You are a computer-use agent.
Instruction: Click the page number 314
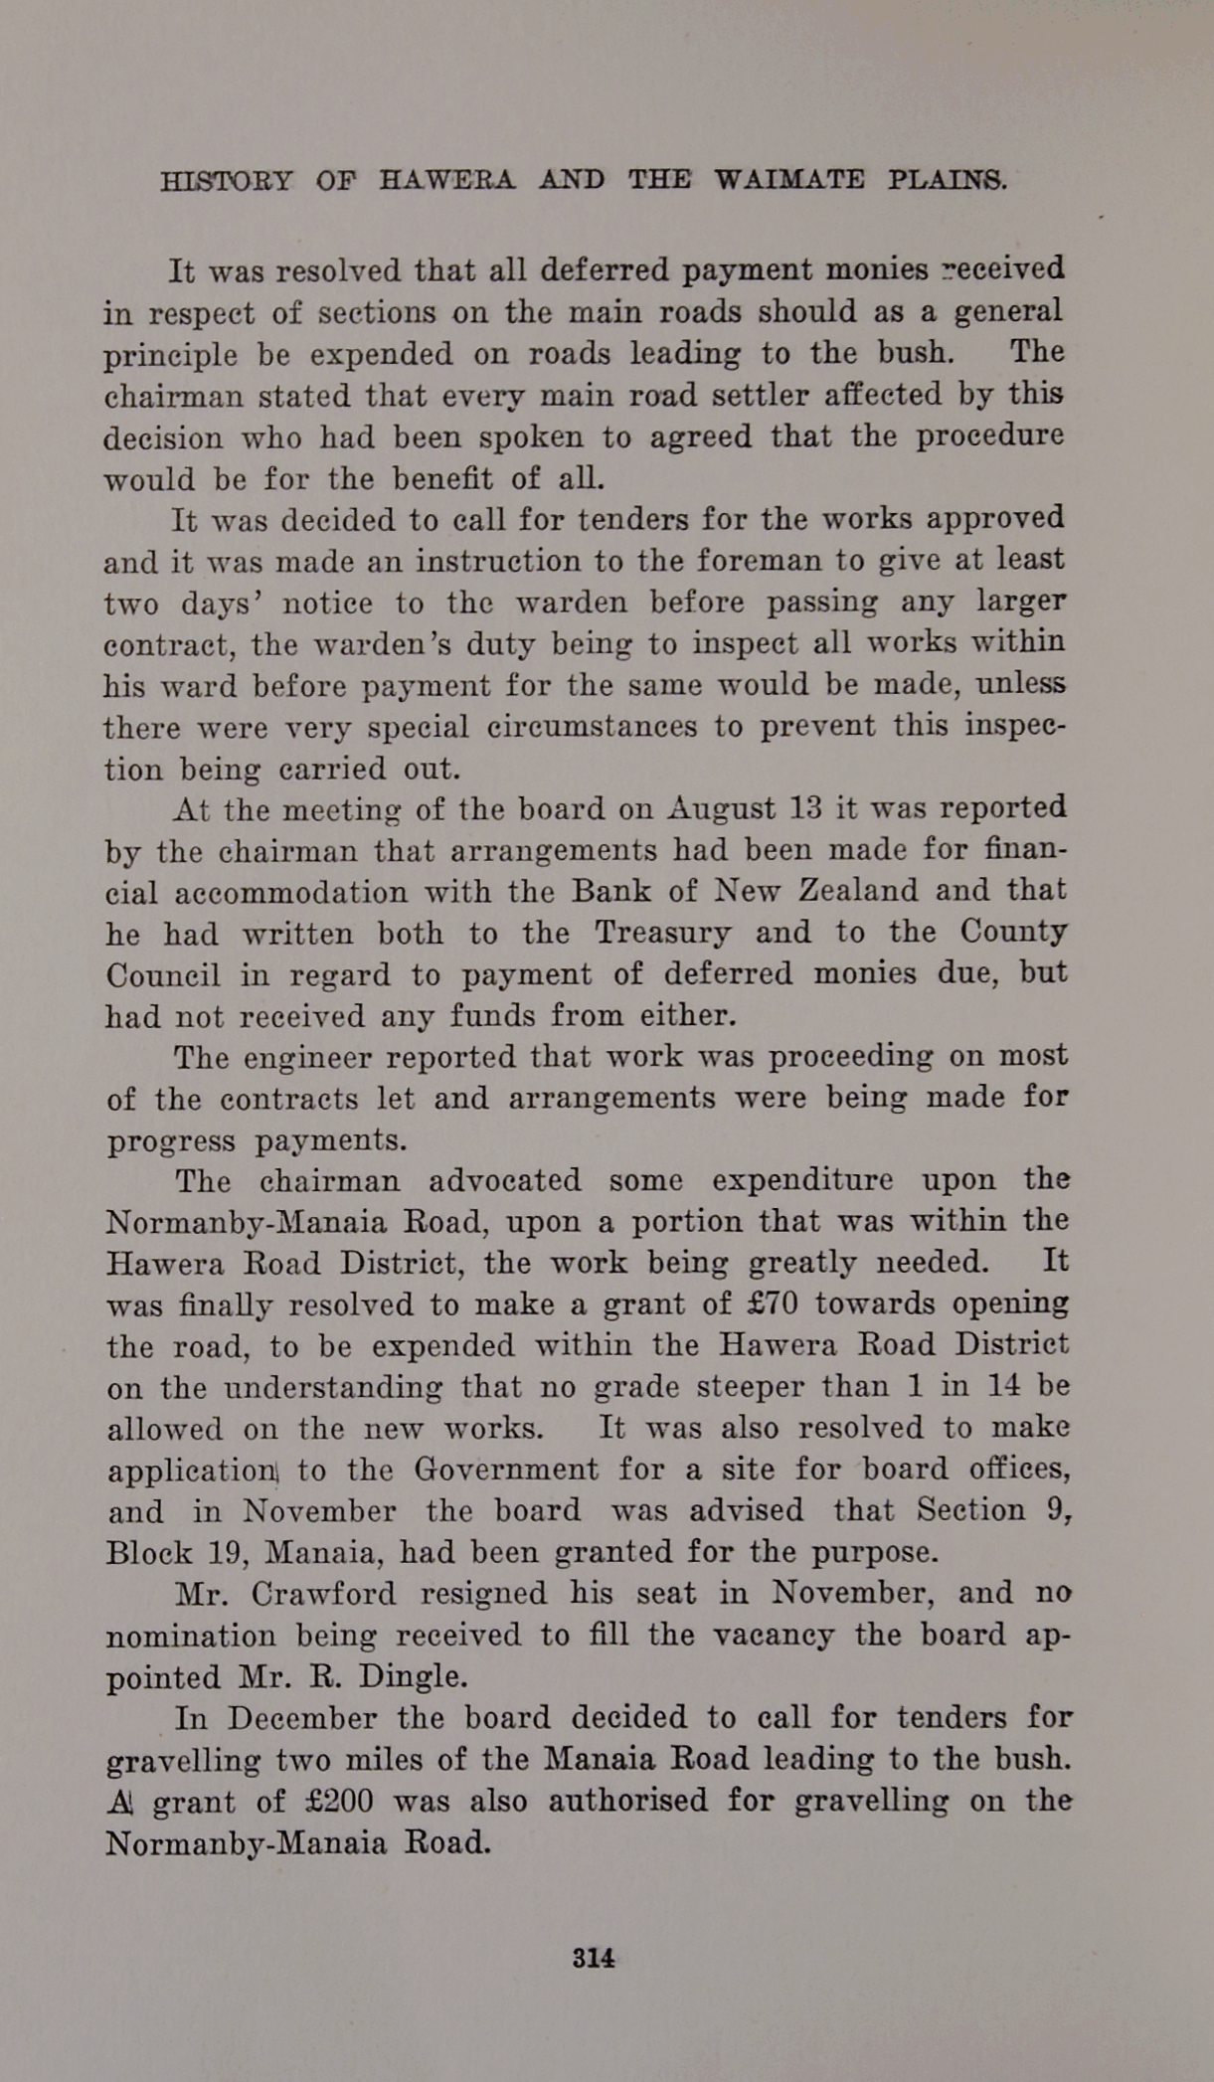[594, 1958]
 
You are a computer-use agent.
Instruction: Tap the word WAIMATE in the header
[789, 181]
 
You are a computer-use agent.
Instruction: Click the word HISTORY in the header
[227, 181]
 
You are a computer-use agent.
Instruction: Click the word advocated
[505, 1181]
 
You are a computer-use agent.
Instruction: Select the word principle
[171, 355]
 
